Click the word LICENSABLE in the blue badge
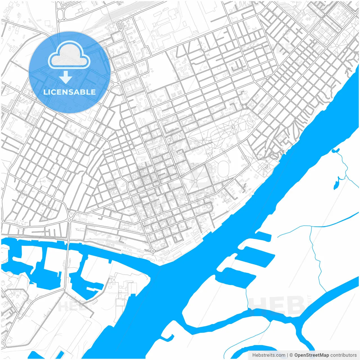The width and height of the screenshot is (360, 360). [69, 92]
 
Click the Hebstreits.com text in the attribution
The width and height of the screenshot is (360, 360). [269, 355]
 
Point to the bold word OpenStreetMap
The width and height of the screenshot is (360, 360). [311, 355]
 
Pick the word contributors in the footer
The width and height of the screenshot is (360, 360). [343, 355]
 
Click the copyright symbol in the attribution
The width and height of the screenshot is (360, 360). [291, 355]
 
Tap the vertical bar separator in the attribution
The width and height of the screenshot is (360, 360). [287, 355]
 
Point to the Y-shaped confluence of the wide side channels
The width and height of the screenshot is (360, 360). [298, 319]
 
